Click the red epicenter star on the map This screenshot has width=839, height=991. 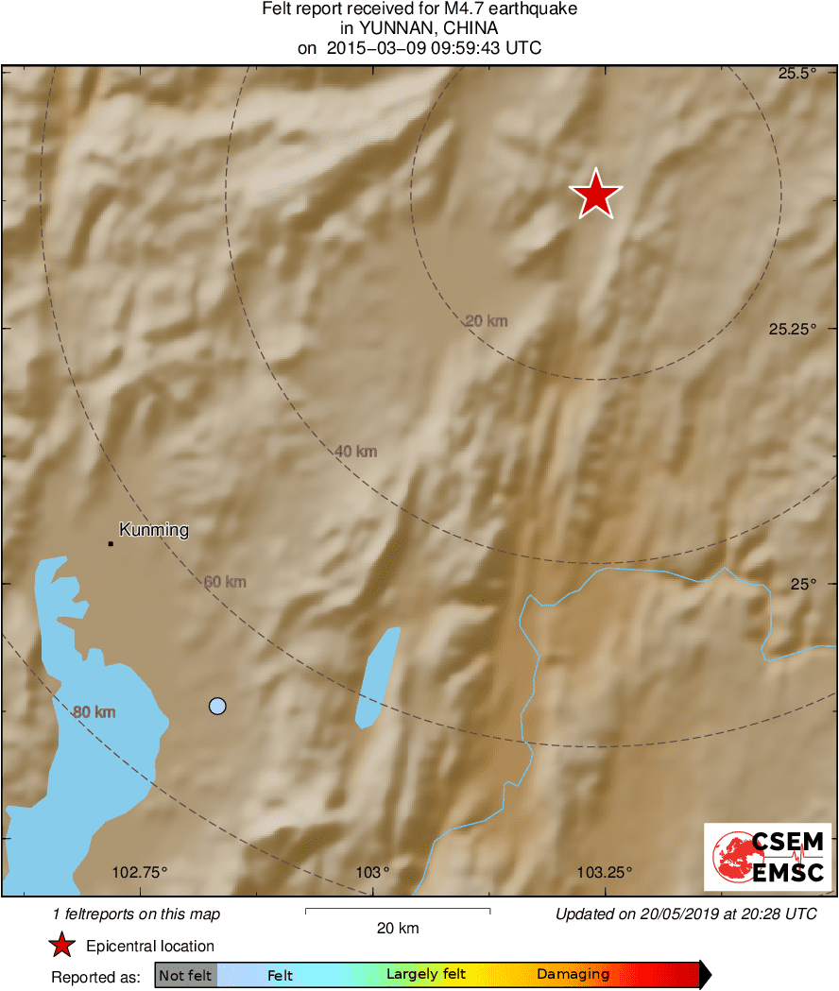(x=595, y=195)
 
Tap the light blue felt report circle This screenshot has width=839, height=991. (x=217, y=706)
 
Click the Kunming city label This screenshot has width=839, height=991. (x=154, y=530)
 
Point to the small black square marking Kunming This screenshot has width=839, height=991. (x=111, y=543)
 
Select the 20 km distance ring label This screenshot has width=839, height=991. (x=487, y=321)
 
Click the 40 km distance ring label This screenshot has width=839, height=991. (x=356, y=452)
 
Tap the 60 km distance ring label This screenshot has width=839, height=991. (x=225, y=582)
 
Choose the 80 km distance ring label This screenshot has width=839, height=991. (x=94, y=711)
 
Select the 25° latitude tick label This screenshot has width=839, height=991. (x=802, y=584)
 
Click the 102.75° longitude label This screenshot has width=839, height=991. (x=139, y=872)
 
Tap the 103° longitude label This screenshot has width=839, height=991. (x=374, y=872)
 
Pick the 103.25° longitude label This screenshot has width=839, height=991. (x=605, y=872)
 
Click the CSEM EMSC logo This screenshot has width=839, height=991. (x=767, y=856)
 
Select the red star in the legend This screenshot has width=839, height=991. (x=62, y=946)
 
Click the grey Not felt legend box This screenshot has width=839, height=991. (x=185, y=975)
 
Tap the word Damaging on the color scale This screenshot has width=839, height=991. (x=573, y=975)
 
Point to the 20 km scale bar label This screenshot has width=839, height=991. (x=397, y=929)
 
